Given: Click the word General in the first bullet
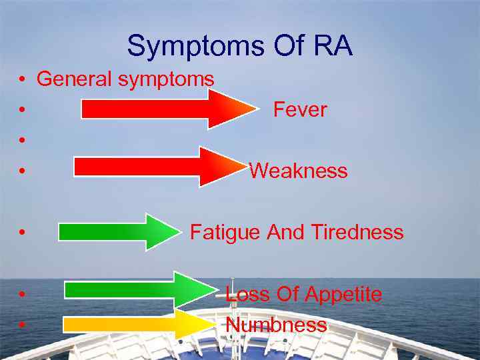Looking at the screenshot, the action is [75, 79].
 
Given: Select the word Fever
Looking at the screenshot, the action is [300, 110].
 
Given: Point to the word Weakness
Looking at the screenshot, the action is [298, 171].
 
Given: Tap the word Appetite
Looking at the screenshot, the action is [344, 294].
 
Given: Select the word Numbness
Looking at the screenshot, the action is [276, 325].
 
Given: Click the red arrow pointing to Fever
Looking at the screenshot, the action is [163, 109].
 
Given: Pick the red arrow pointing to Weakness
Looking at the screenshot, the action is [157, 167].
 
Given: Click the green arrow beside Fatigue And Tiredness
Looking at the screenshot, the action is [116, 231].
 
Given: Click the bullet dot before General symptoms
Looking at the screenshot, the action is [23, 80].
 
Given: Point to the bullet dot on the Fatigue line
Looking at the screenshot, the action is [23, 233].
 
